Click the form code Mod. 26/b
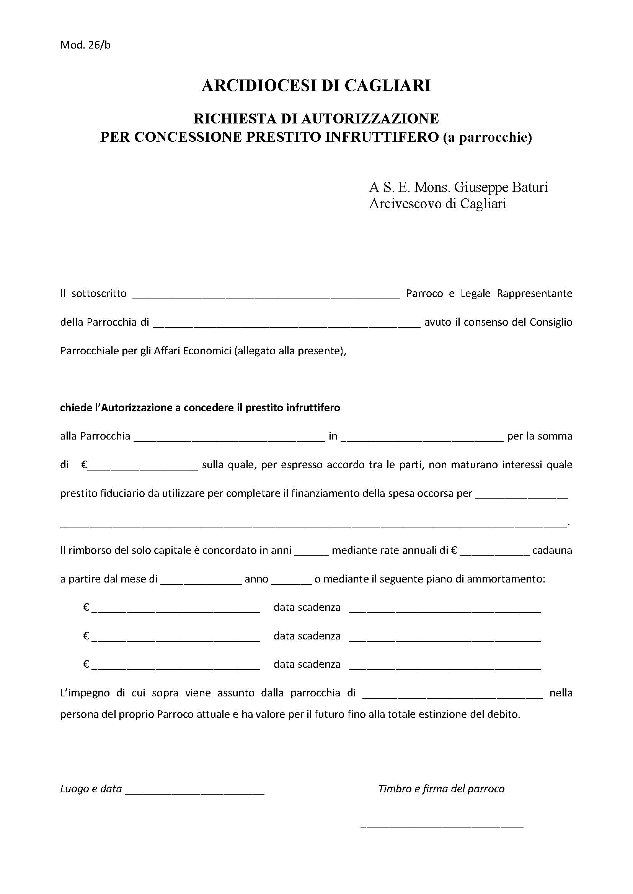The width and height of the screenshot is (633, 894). [85, 45]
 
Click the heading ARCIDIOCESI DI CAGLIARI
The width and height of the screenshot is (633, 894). [316, 85]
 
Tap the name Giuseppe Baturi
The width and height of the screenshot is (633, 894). [501, 187]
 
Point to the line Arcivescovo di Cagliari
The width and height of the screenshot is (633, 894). [437, 204]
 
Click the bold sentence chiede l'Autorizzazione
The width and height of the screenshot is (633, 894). [200, 408]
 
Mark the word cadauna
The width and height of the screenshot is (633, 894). [552, 550]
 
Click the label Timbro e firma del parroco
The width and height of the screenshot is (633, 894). [441, 789]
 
